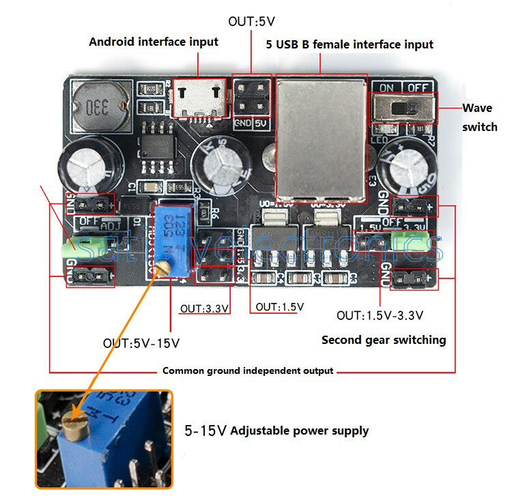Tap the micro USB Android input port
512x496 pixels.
198,98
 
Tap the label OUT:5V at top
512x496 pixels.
250,22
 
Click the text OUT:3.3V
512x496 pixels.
203,308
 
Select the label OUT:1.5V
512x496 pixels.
279,307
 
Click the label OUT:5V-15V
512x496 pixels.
141,342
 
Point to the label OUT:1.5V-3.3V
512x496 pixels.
380,315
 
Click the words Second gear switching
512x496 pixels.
384,340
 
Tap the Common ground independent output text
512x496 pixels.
248,371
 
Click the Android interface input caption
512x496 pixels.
154,42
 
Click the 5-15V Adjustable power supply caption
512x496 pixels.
276,431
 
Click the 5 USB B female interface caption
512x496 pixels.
349,44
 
